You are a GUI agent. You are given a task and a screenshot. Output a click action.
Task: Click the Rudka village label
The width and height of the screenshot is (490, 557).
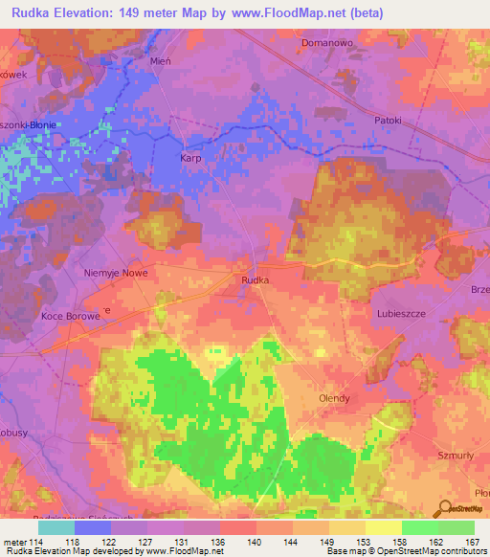coord(255,279)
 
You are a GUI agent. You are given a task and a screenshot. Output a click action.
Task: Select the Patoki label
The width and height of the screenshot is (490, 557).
coord(390,121)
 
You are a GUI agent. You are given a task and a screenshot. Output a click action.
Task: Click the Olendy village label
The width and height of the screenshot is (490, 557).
coord(334,398)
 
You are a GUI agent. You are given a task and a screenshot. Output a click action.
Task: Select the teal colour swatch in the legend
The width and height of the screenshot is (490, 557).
coord(56,526)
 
